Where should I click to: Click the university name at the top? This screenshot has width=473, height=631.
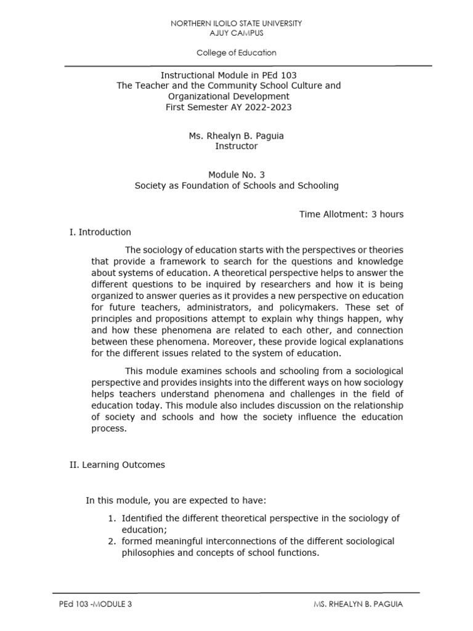[236, 23]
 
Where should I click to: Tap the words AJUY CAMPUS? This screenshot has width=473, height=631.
[236, 33]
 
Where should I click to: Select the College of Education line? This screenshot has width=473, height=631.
[236, 53]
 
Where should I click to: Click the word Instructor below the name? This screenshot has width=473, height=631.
[236, 147]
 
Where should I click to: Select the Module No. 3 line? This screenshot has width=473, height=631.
[236, 174]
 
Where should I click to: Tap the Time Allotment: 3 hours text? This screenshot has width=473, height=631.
[351, 214]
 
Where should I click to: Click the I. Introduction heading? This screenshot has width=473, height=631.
[100, 232]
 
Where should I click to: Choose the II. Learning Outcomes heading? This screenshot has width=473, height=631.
[117, 465]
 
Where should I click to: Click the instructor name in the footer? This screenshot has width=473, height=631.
[357, 605]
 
